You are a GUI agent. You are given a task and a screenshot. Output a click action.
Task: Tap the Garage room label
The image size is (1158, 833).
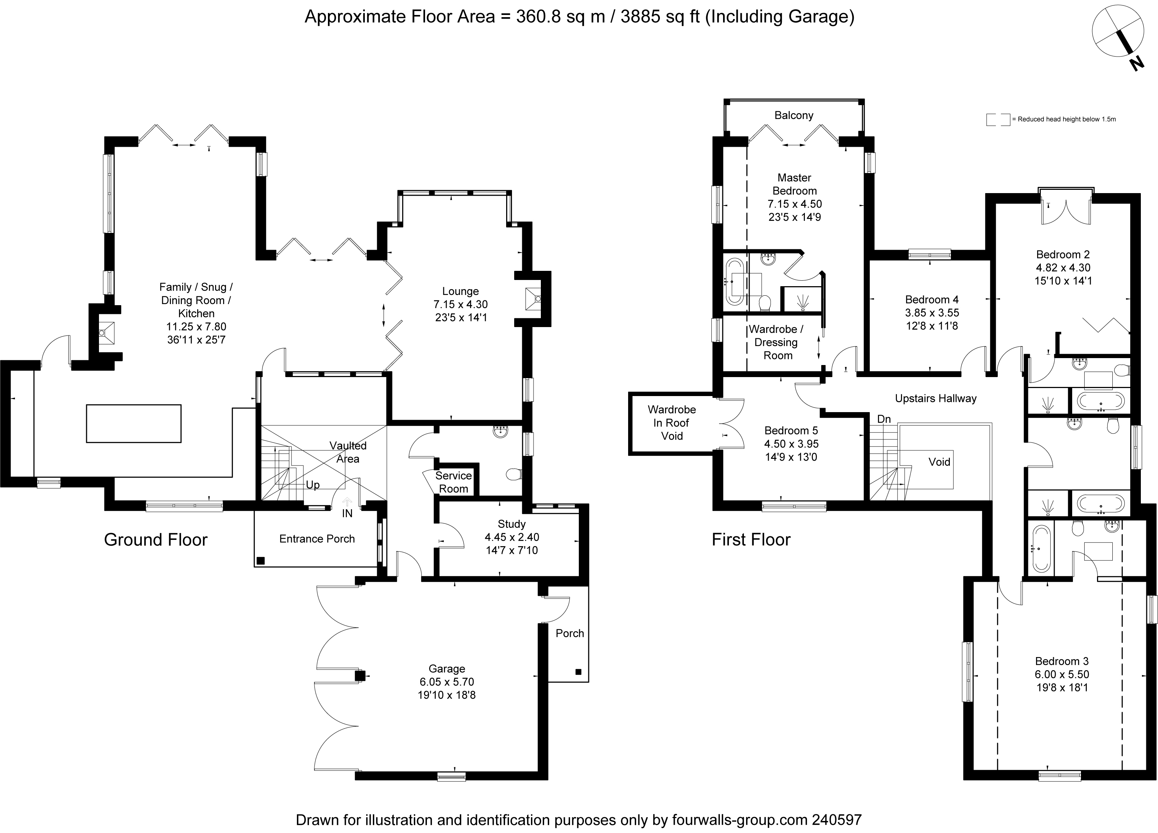pos(447,669)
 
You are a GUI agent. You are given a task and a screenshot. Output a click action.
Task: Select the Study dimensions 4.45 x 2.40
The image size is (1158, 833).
pos(512,537)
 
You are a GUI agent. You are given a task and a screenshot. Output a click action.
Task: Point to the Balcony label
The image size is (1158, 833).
pos(794,115)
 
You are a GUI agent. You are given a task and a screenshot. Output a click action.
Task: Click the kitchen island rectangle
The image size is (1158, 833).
pos(134,423)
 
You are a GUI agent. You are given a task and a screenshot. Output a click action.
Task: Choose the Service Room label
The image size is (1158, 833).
pos(454,482)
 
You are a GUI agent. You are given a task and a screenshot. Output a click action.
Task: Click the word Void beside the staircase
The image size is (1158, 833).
pos(940,462)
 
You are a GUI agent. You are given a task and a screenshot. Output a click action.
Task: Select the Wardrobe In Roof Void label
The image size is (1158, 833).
pos(672,423)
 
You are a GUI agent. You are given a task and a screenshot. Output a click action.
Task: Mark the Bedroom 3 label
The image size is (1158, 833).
pos(1062,661)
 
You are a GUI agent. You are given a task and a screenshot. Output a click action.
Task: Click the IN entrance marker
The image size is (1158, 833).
pos(347,514)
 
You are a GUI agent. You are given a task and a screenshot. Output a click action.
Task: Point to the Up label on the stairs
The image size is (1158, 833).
pos(313,485)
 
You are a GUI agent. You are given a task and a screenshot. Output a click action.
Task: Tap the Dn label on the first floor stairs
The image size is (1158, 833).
pos(884,419)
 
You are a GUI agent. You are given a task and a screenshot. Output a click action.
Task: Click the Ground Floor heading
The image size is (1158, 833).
pos(156,540)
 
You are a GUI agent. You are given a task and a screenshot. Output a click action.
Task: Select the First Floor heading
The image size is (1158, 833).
pos(751,540)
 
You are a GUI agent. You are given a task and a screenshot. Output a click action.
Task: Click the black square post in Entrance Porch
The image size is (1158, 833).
pos(260,560)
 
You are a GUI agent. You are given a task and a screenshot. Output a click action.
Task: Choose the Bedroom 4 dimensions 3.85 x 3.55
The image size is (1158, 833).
pos(932,312)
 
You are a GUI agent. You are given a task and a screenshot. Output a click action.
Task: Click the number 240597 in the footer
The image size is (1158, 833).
pos(836,820)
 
